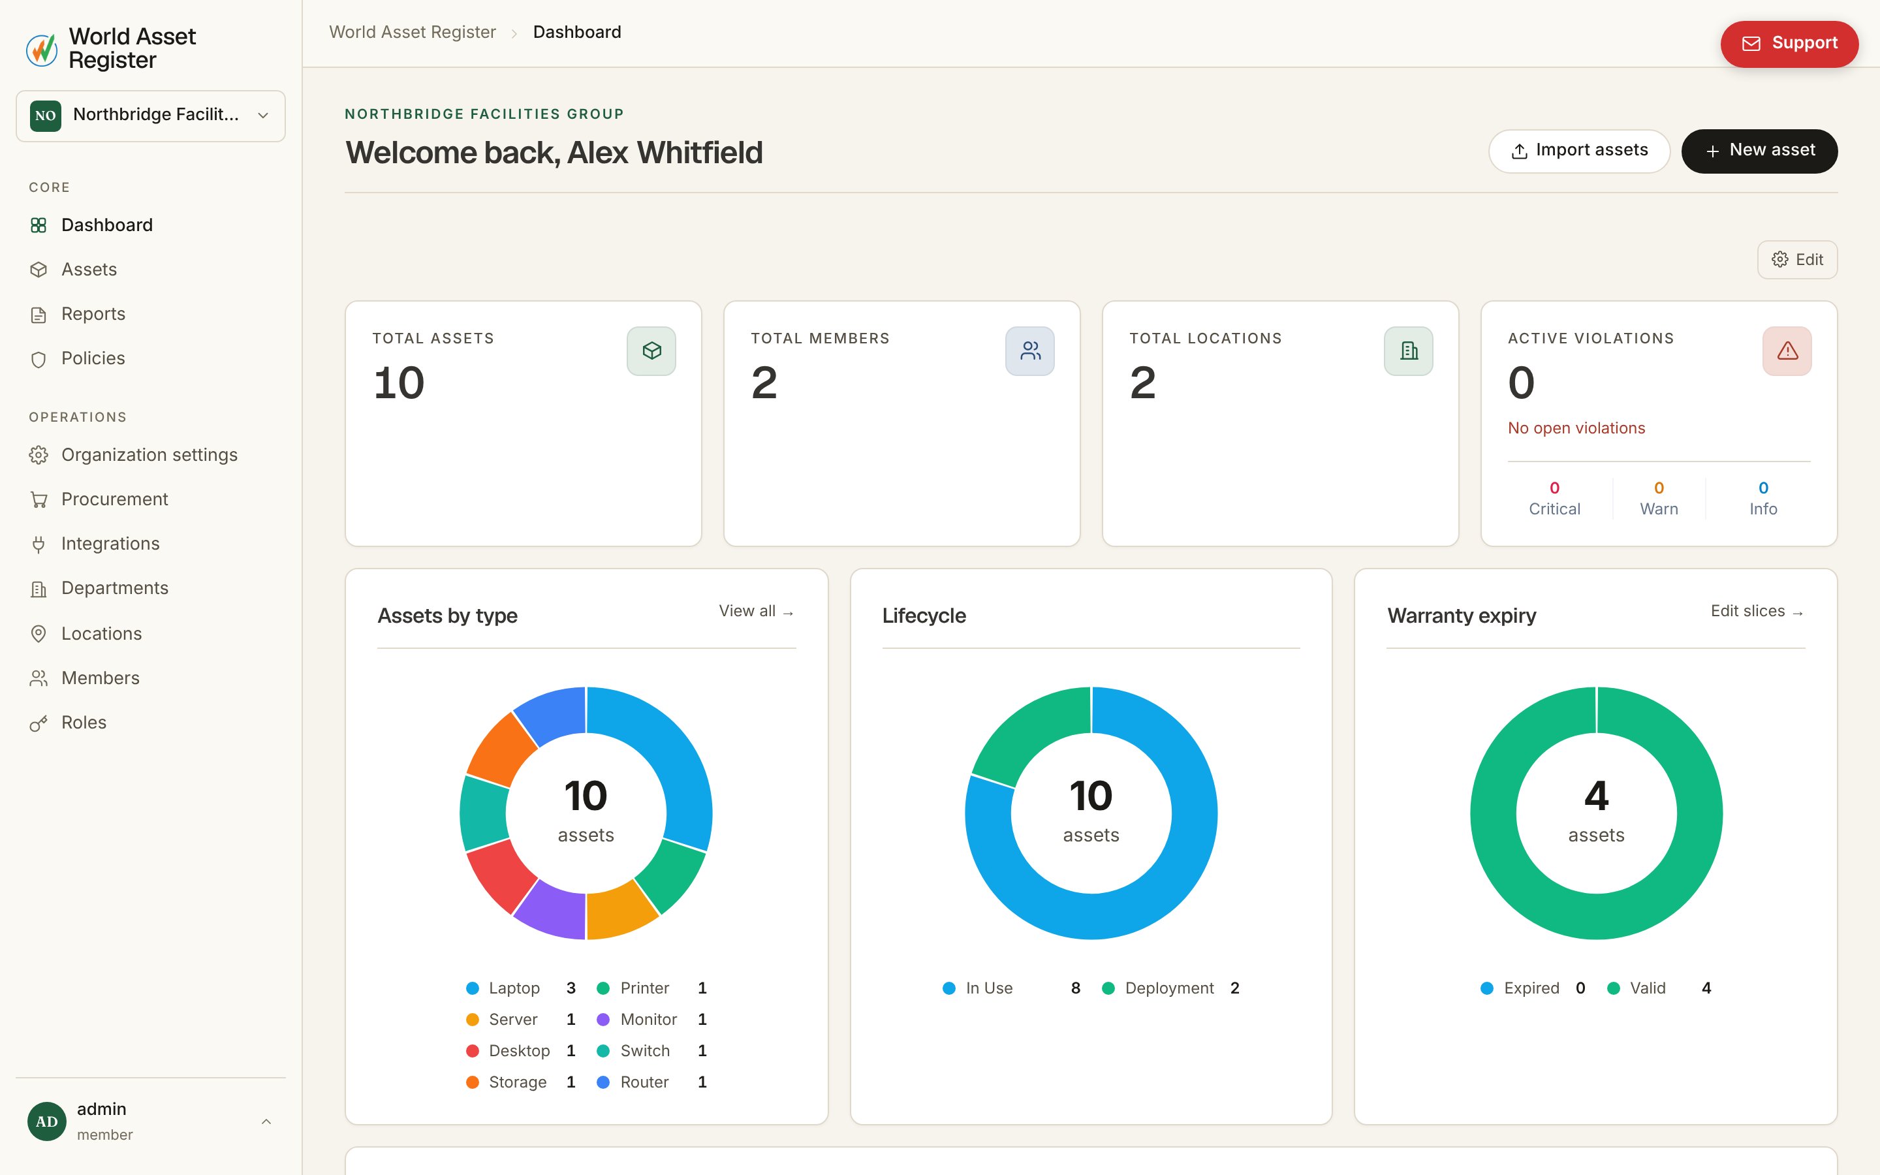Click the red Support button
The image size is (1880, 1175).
1789,44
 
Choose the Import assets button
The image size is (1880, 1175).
1578,151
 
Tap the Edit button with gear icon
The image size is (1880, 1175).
1797,260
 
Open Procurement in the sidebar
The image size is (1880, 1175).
114,499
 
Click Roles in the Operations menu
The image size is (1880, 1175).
83,723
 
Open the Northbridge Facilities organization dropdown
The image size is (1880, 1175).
151,116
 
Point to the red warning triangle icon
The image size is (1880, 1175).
1787,351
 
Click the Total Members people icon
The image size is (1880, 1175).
1029,351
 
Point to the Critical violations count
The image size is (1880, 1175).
1554,488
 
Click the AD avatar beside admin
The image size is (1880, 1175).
46,1121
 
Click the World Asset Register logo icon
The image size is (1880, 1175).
42,49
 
